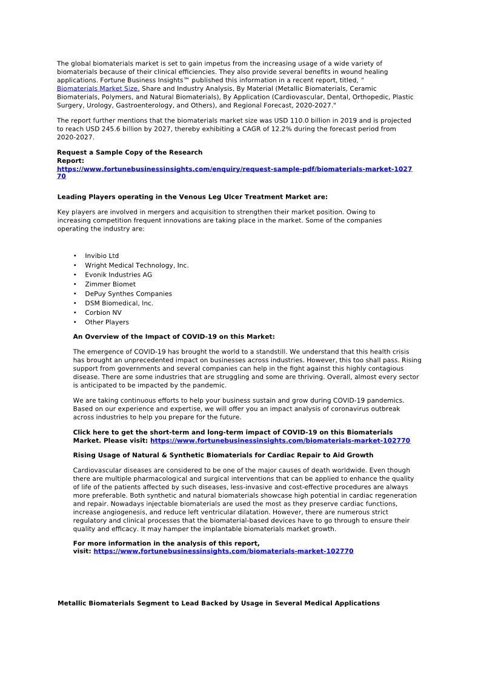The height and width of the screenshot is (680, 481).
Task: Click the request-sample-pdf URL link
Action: [234, 169]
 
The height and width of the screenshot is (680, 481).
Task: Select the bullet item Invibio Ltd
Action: [102, 256]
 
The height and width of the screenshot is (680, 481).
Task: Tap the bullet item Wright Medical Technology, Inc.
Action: [136, 265]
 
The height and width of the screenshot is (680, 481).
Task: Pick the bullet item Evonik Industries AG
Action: [118, 275]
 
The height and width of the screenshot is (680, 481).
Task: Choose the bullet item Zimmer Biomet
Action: [110, 284]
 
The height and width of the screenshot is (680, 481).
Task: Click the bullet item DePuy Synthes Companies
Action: [128, 294]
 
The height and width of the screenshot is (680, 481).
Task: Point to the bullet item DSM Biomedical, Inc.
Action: [119, 303]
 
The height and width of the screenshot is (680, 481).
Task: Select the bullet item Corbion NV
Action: [103, 312]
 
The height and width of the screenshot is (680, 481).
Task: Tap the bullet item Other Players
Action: [107, 322]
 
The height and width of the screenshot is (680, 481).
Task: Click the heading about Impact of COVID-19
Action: [173, 337]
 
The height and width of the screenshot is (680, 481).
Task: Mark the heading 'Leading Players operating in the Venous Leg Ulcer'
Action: [192, 197]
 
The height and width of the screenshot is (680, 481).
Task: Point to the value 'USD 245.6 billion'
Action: [117, 129]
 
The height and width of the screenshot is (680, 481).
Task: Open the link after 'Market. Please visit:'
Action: [280, 441]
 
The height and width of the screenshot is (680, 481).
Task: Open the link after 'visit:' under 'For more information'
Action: [223, 552]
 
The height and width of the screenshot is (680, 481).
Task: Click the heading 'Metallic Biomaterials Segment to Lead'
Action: [218, 604]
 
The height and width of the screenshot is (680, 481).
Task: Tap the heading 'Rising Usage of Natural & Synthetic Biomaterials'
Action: [223, 455]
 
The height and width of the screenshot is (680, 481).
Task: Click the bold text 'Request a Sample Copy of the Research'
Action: [130, 153]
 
